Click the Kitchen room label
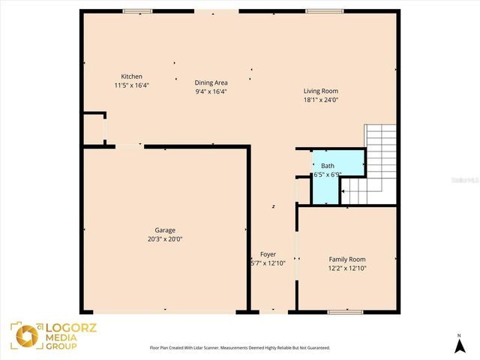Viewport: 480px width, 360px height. click(x=132, y=76)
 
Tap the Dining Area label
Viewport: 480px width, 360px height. click(x=211, y=82)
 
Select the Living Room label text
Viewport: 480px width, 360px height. click(x=320, y=91)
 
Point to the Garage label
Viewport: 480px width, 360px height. click(x=165, y=230)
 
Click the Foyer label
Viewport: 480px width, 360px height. click(x=268, y=254)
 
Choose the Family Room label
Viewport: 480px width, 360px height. click(x=347, y=259)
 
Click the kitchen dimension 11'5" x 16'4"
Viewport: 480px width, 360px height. click(x=131, y=85)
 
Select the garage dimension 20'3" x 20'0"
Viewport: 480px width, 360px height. click(x=165, y=239)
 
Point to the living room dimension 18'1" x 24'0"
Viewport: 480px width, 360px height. click(x=320, y=100)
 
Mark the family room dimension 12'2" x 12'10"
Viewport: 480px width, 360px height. click(x=347, y=268)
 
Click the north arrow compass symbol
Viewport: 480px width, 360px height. click(x=458, y=345)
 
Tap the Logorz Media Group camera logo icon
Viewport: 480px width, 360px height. click(x=23, y=335)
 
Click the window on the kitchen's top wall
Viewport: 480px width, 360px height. click(x=137, y=10)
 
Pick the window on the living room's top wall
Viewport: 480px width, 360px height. click(x=325, y=10)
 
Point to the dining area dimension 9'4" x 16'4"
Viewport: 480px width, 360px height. click(x=211, y=91)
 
